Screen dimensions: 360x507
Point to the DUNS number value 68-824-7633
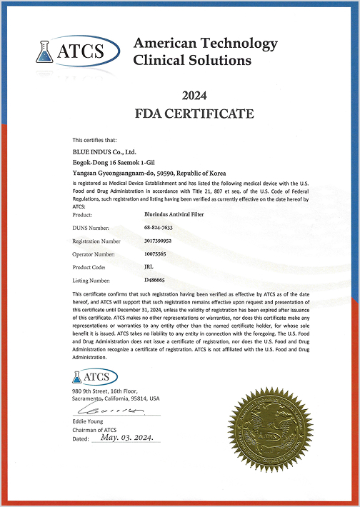[x=159, y=227]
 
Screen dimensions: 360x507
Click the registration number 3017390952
[x=159, y=241]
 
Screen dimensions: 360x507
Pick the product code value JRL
[x=149, y=268]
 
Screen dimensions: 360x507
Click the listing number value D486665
[x=156, y=281]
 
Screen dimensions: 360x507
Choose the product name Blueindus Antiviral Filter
[x=174, y=214]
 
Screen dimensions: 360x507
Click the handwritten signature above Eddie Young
[x=107, y=411]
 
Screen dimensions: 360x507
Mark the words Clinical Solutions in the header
[x=193, y=61]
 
